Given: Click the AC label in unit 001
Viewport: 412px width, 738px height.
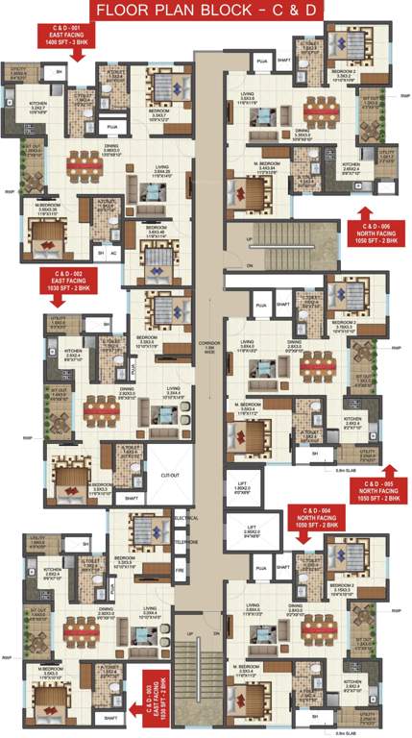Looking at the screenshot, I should click(x=114, y=254).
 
